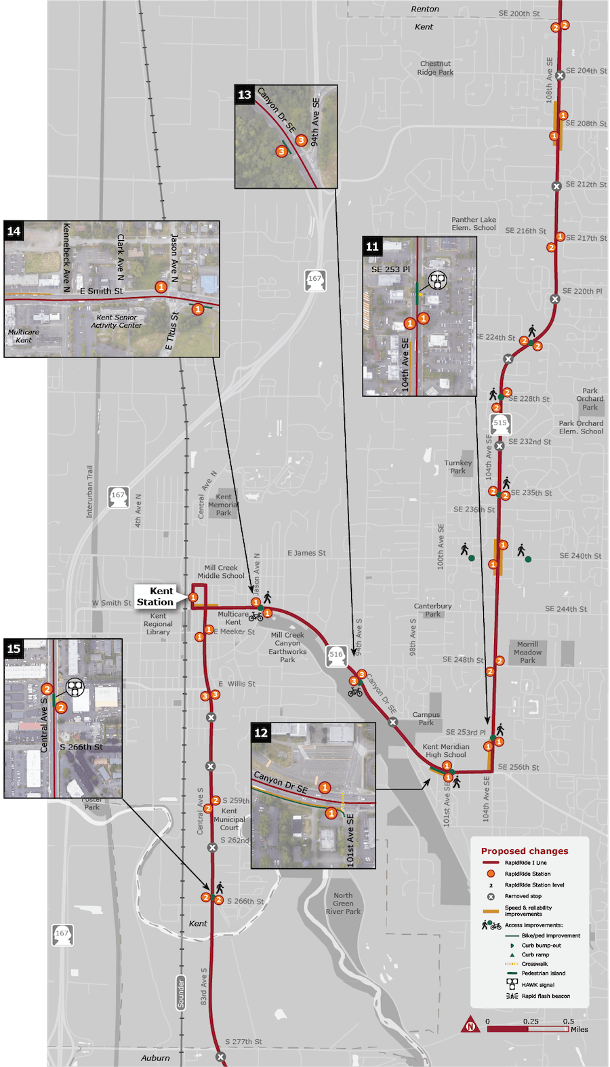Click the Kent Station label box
pos(156,596)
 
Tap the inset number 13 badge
pos(245,95)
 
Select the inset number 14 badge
pos(14,231)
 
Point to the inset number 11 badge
pos(372,246)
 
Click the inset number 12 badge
pos(261,733)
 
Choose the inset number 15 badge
pos(14,649)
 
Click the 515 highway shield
pos(500,423)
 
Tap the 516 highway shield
pos(336,655)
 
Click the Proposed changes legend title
pos(525,851)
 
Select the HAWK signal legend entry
pos(537,985)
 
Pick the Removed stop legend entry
pos(523,896)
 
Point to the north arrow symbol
pos(470,1025)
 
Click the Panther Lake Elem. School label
pos(474,224)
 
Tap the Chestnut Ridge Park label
pos(436,68)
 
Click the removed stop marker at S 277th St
pos(220,1057)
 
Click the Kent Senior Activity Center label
pos(117,321)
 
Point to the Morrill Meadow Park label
pos(527,652)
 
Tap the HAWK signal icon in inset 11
pos(438,279)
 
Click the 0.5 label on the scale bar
pos(568,1022)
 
